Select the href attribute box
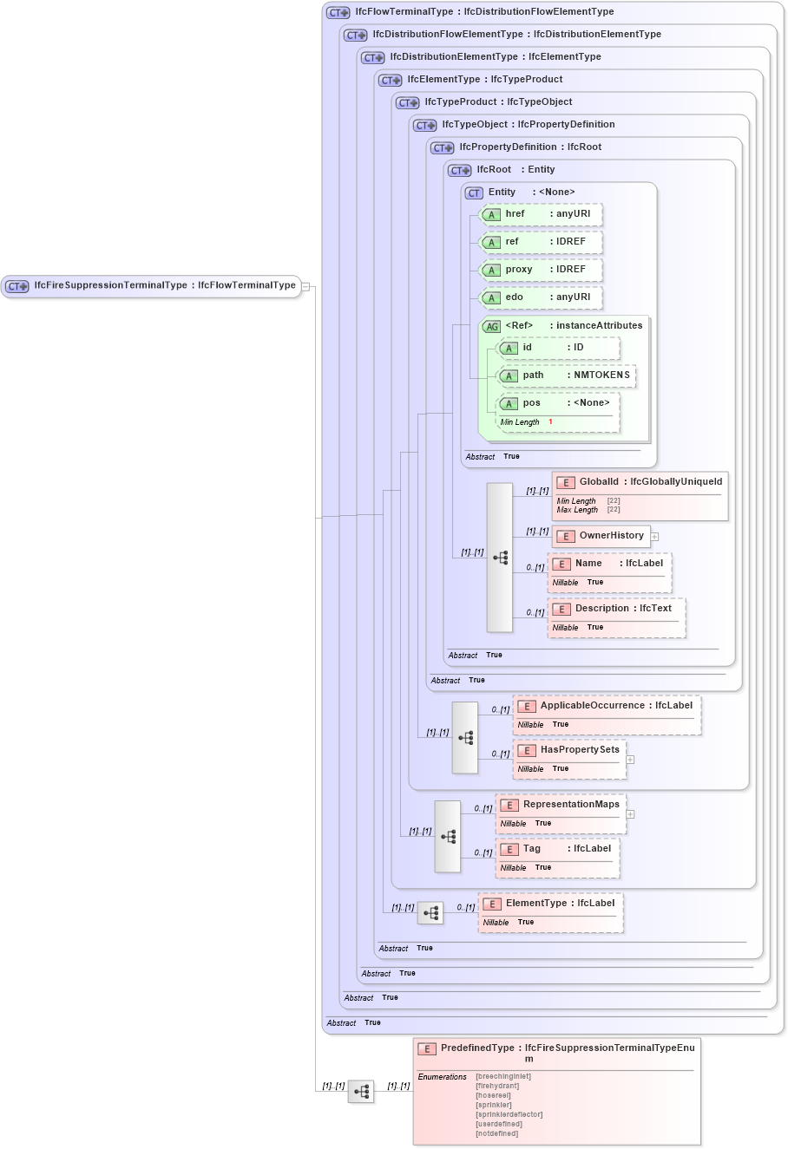pos(541,214)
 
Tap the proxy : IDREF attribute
pos(541,270)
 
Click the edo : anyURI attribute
pos(541,297)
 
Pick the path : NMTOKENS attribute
pos(565,375)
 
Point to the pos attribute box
pos(557,403)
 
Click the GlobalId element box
pos(640,482)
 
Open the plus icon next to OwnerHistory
pos(655,537)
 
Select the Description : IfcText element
pos(616,609)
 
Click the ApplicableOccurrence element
pos(607,706)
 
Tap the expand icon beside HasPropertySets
pos(630,760)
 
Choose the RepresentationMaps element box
pos(561,805)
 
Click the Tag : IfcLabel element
pos(558,849)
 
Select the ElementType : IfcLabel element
pos(550,904)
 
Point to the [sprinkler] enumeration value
pos(493,1105)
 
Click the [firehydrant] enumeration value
pos(496,1086)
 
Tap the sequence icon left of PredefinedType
pos(361,1092)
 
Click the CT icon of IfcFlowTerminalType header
pos(338,13)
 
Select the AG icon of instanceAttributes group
pos(492,327)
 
